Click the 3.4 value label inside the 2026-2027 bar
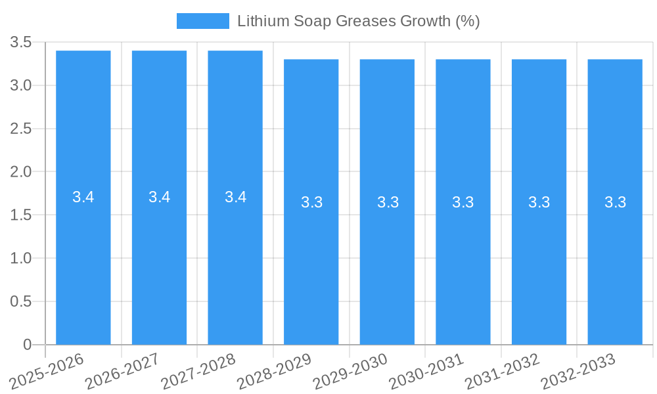pos(159,197)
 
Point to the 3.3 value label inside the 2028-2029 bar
pos(311,202)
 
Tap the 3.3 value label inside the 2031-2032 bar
pos(539,202)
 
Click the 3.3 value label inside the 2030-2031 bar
pos(463,202)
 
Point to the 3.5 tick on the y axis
pos(21,43)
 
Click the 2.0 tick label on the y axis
pos(21,172)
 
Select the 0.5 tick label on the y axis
pos(21,301)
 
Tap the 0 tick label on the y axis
pos(27,345)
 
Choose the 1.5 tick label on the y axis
pos(21,215)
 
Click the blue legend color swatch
pos(202,21)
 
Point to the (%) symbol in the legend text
pos(467,21)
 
